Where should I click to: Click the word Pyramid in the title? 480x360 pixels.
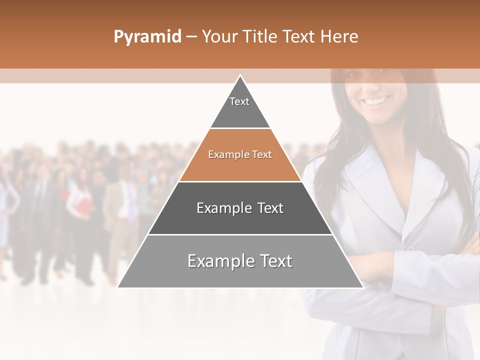(147, 37)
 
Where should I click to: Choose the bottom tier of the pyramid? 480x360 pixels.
(240, 270)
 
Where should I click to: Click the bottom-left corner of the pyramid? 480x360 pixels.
(118, 287)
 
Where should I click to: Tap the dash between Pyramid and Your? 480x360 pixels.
(191, 37)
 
